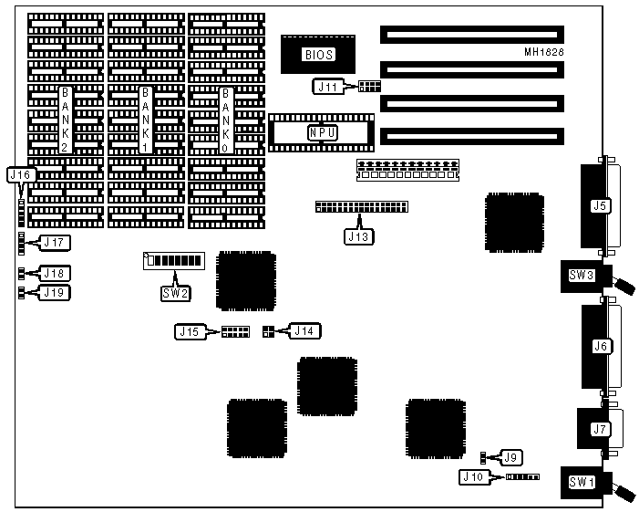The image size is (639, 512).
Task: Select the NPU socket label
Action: (320, 132)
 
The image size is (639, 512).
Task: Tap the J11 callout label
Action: (327, 87)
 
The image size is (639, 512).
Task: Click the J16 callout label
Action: (21, 173)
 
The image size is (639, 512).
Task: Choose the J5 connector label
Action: (600, 205)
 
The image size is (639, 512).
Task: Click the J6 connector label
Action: (600, 346)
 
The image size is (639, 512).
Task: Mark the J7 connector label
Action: (600, 428)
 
